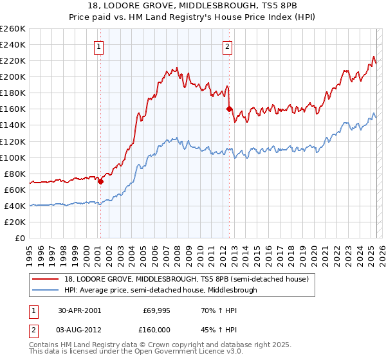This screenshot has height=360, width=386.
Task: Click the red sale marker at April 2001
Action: click(x=100, y=181)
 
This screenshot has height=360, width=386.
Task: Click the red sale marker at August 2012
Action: click(x=228, y=109)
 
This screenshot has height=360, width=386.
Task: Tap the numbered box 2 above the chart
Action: click(x=228, y=46)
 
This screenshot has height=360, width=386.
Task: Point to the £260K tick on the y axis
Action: click(x=12, y=29)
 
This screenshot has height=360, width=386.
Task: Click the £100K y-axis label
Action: click(x=12, y=157)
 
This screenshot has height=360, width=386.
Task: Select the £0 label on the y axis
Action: click(x=19, y=238)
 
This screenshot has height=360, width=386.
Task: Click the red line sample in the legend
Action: click(x=46, y=279)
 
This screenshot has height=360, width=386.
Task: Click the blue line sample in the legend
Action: click(x=46, y=290)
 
